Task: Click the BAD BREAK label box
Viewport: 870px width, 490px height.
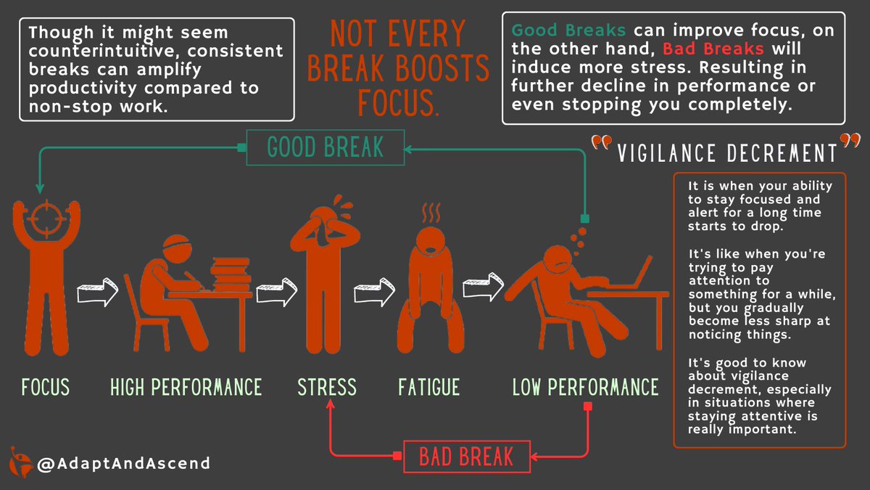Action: pyautogui.click(x=466, y=456)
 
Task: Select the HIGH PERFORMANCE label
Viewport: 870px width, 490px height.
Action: pyautogui.click(x=186, y=387)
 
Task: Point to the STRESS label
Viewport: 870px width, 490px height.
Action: pyautogui.click(x=327, y=387)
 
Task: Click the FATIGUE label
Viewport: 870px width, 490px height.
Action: pyautogui.click(x=428, y=387)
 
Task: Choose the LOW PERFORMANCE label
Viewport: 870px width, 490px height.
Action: pyautogui.click(x=585, y=387)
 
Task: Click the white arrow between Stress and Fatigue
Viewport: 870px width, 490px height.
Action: pyautogui.click(x=373, y=293)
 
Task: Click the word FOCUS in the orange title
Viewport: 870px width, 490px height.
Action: pyautogui.click(x=397, y=103)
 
